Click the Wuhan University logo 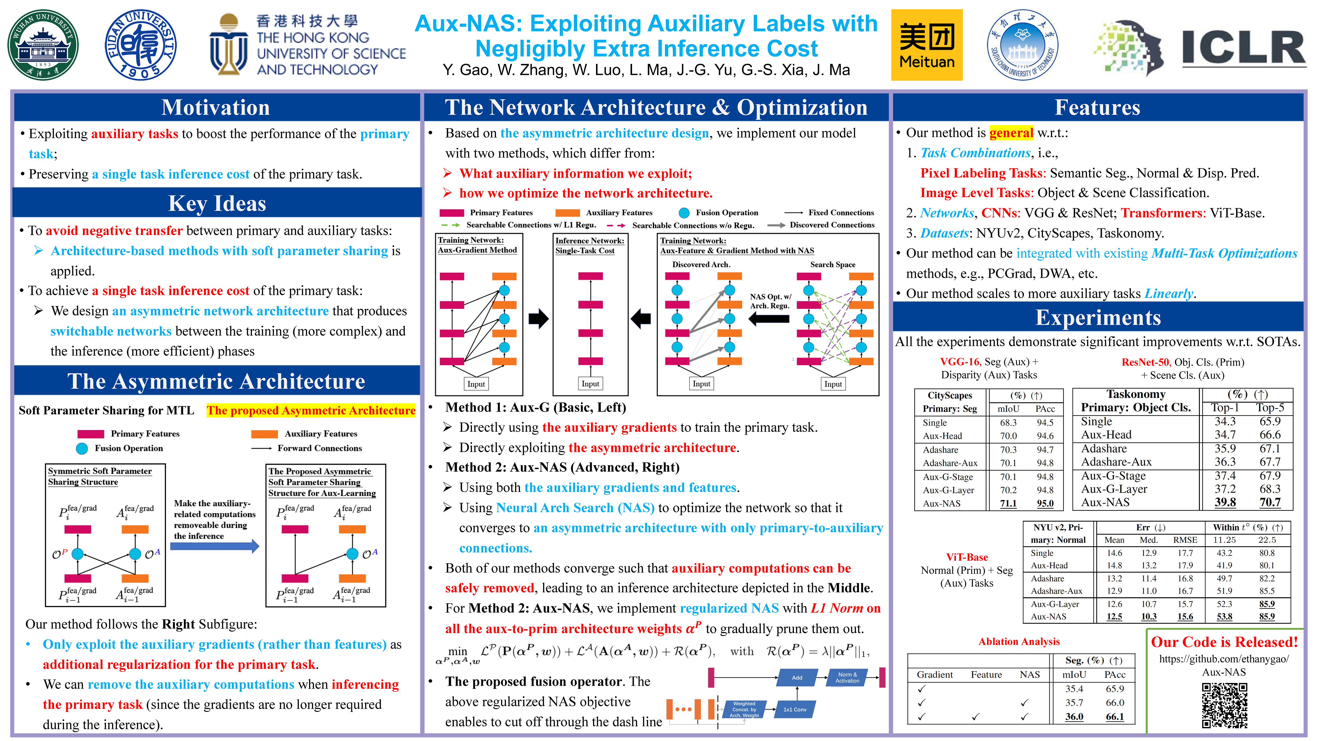tap(43, 45)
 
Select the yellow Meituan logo tap(927, 45)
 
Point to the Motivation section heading tap(216, 107)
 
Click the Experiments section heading tap(1098, 318)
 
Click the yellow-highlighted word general tap(1011, 133)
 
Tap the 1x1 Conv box tap(794, 709)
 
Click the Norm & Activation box tap(847, 677)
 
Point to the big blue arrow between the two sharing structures tap(214, 546)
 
